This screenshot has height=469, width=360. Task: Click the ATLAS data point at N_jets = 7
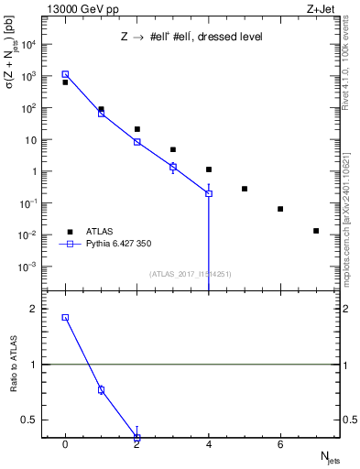point(316,231)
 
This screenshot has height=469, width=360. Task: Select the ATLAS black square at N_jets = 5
point(245,189)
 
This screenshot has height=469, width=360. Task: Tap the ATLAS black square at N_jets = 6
point(280,209)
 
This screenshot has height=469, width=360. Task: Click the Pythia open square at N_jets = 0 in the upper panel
point(65,74)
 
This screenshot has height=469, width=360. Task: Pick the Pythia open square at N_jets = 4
point(209,194)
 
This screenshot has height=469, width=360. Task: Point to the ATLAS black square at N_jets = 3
point(173,149)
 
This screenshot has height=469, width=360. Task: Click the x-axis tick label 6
point(280,444)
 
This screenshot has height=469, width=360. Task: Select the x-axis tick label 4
point(209,444)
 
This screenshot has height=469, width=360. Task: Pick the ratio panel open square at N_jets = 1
point(101,389)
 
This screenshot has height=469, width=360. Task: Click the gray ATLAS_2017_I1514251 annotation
point(183,273)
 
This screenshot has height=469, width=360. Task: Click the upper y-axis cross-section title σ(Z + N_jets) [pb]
point(12,60)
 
